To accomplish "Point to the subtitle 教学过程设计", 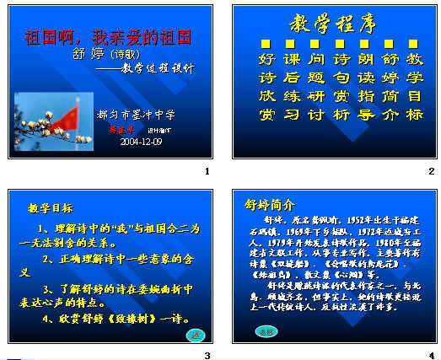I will [x=157, y=67].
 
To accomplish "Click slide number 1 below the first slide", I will [x=207, y=172].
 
